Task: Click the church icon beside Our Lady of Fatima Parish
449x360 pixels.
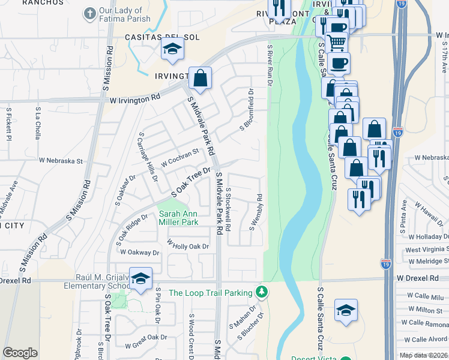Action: pyautogui.click(x=90, y=13)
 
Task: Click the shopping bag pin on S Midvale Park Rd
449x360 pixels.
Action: pyautogui.click(x=200, y=79)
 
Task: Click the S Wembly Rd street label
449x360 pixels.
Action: pyautogui.click(x=256, y=212)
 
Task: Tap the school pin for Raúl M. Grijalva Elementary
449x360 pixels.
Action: pyautogui.click(x=140, y=278)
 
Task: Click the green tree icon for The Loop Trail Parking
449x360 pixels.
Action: pyautogui.click(x=261, y=292)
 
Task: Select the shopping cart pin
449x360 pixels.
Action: pyautogui.click(x=337, y=42)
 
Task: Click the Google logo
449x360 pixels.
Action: pyautogui.click(x=20, y=353)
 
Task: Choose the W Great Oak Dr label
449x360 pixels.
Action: pyautogui.click(x=145, y=346)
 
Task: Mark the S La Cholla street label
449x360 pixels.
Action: pyautogui.click(x=37, y=124)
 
